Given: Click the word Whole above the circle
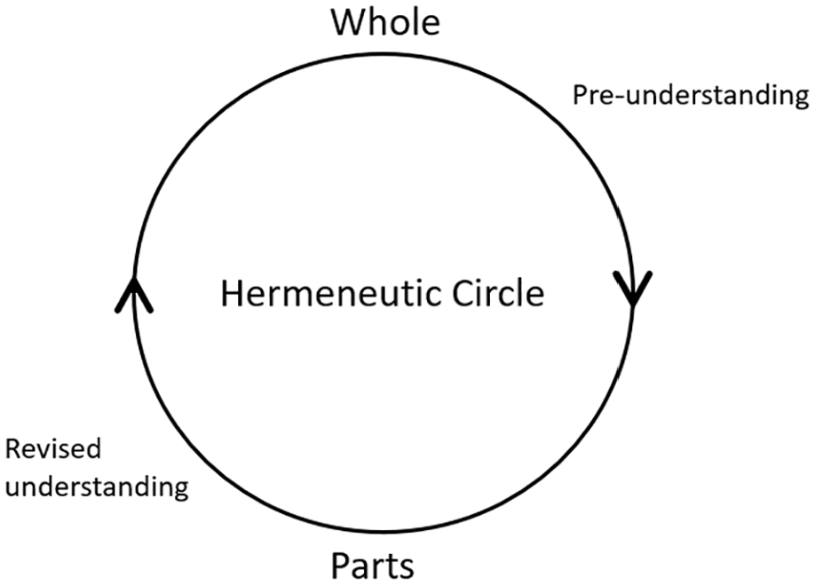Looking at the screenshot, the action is (385, 22).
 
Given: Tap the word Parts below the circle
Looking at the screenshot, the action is (373, 566).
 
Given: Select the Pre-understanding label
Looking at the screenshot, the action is (691, 96).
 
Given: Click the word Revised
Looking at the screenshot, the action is (52, 448).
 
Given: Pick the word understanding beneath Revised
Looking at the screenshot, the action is (97, 487).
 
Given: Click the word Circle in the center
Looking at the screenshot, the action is (498, 293).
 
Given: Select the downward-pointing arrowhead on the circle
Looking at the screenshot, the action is (633, 289).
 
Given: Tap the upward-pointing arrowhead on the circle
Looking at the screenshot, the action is (133, 294).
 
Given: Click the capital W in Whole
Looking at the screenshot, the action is (348, 23).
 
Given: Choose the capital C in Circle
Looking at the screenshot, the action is (462, 293).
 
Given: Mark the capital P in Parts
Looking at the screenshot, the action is (339, 566).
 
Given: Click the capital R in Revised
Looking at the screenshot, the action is (12, 449).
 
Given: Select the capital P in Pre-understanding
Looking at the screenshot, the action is (580, 96).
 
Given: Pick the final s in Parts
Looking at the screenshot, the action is (406, 569).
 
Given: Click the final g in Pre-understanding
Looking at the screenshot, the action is (802, 99).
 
